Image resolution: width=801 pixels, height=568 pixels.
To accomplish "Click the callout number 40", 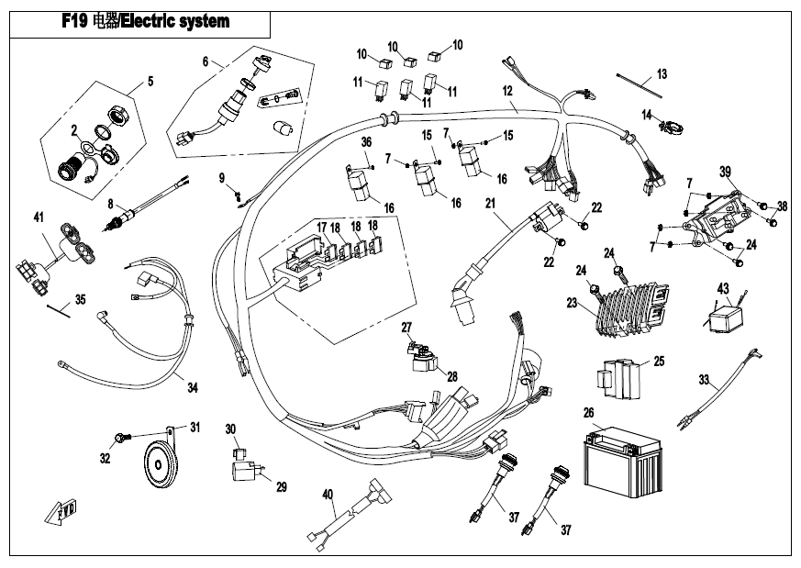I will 328,495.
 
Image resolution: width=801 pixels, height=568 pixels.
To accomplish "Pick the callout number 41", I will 39,217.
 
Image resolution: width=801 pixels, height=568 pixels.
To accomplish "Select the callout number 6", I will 206,62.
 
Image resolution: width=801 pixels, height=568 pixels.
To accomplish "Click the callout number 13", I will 662,72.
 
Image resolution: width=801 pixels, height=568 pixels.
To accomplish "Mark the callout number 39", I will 725,172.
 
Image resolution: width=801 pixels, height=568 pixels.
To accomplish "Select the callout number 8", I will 110,204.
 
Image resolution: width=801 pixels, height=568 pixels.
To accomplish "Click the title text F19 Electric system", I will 145,21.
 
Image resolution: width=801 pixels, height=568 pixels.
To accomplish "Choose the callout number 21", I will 491,203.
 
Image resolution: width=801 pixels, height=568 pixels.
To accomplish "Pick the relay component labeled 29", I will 245,472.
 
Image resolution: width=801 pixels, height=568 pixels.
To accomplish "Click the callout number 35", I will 80,299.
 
